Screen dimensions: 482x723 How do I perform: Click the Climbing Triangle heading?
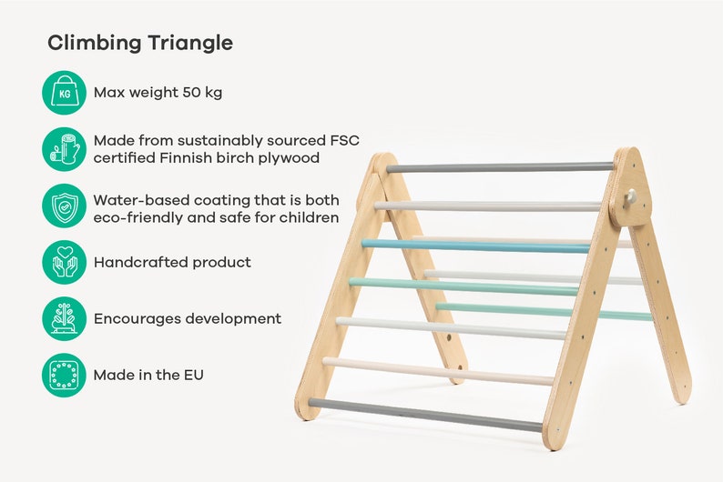(x=140, y=43)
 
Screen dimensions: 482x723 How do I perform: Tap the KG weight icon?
(x=64, y=93)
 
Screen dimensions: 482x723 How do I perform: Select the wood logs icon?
(x=64, y=149)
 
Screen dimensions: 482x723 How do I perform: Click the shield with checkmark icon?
(x=64, y=206)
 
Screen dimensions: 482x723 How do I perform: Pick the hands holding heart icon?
(x=64, y=262)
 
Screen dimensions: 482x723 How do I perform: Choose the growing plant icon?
(x=64, y=318)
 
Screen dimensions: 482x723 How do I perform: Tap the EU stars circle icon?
(x=64, y=375)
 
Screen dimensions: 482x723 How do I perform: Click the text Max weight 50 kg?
(x=158, y=93)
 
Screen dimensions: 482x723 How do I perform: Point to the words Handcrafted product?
(x=172, y=262)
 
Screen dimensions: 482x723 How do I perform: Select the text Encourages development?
(x=187, y=318)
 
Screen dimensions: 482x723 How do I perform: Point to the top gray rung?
(x=499, y=167)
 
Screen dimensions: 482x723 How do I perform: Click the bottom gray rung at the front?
(x=425, y=415)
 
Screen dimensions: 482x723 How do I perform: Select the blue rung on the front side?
(x=474, y=246)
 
